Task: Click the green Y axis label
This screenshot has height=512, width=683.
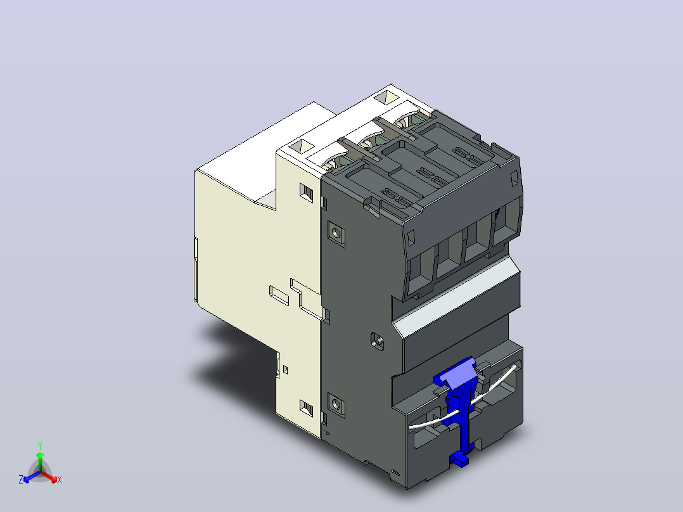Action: (x=40, y=445)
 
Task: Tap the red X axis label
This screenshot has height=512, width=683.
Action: (x=60, y=480)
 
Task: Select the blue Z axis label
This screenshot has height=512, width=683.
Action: (x=21, y=479)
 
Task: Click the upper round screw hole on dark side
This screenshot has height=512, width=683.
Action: (x=336, y=234)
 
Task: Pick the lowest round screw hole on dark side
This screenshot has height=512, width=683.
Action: (x=336, y=406)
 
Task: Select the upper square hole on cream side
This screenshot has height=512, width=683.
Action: (x=306, y=192)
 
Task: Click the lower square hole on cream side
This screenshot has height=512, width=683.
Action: (x=306, y=408)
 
